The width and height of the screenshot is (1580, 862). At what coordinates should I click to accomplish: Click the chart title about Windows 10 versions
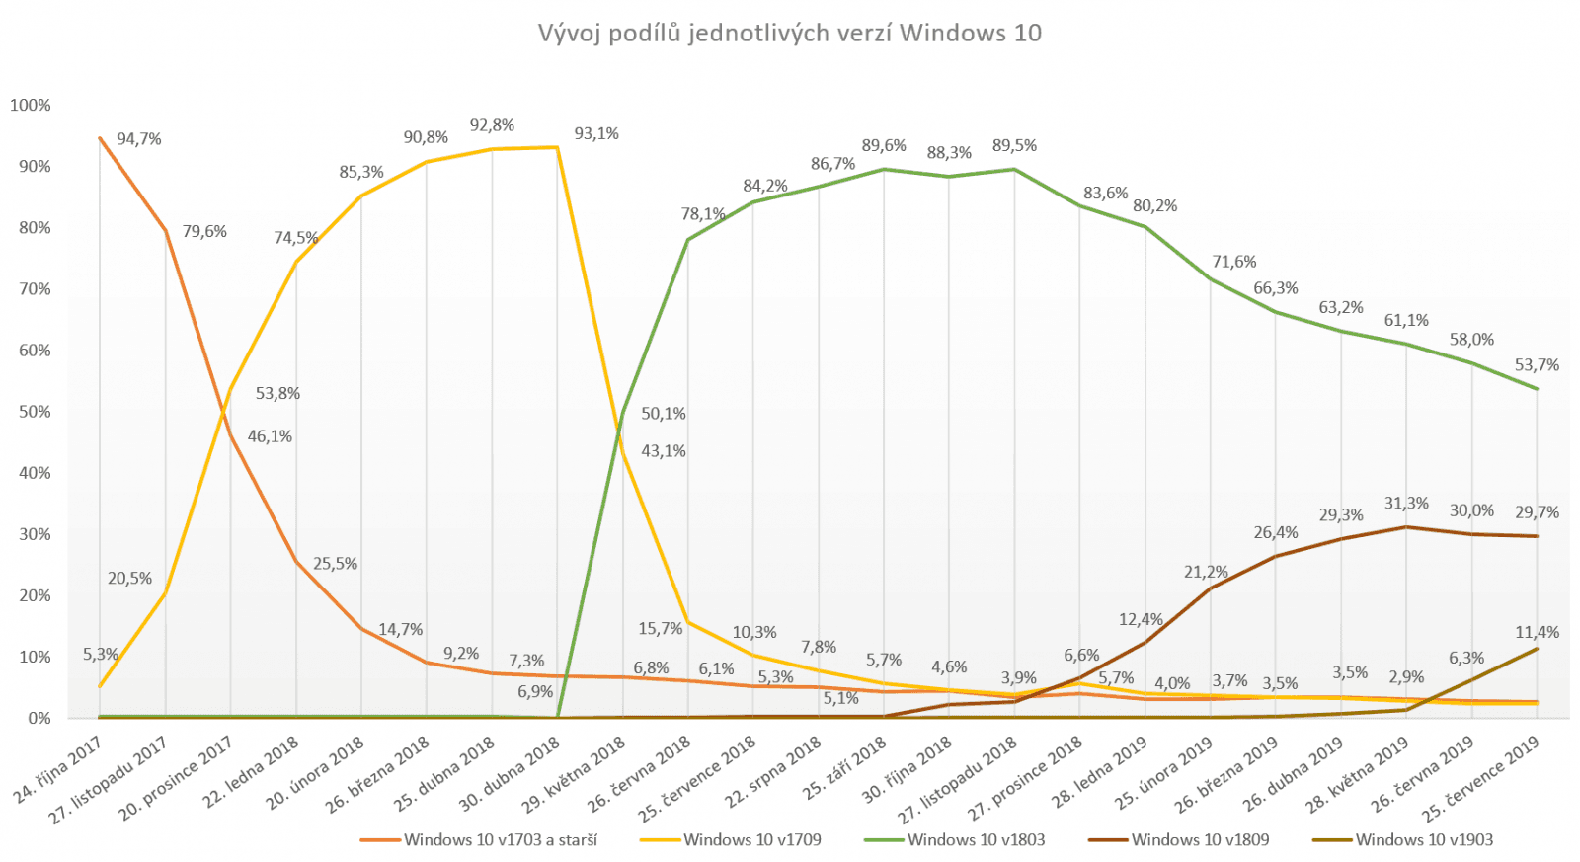point(789,33)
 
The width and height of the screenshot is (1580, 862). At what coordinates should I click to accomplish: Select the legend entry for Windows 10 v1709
point(751,839)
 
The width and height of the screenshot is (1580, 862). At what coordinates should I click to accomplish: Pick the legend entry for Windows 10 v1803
point(976,839)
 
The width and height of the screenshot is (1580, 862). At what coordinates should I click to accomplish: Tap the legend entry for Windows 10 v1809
point(1200,839)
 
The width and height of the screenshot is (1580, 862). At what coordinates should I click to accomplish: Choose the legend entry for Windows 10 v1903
point(1424,839)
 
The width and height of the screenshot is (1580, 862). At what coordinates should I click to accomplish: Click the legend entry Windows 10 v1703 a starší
point(500,839)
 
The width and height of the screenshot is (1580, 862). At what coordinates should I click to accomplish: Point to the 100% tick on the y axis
point(31,105)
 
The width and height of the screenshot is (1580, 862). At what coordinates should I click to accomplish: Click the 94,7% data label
point(138,139)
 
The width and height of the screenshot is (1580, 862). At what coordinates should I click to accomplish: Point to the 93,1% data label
point(596,133)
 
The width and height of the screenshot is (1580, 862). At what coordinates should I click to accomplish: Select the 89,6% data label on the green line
point(884,145)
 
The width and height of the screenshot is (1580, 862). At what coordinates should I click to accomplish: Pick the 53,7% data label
point(1538,365)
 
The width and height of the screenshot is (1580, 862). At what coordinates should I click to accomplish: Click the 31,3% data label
point(1406,504)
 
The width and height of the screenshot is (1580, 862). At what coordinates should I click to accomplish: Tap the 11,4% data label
point(1538,632)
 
